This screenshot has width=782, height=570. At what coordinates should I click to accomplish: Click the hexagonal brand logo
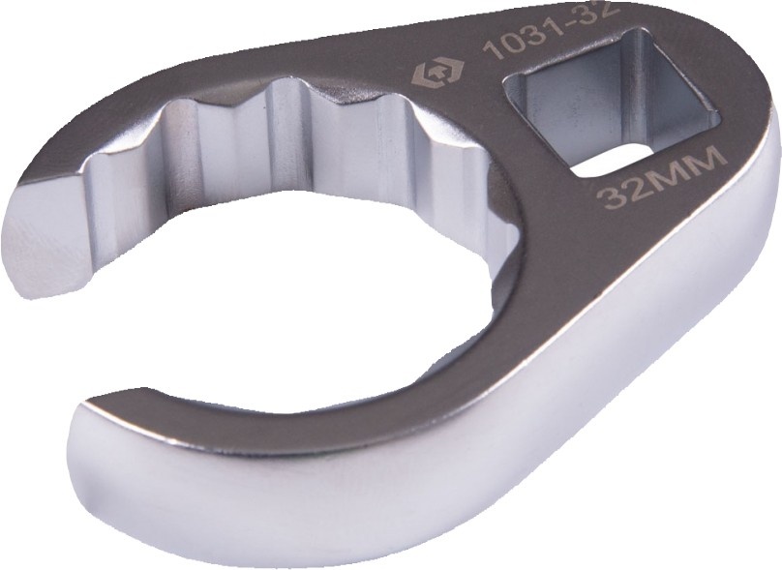436,74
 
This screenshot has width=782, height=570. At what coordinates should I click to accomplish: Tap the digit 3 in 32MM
611,197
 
